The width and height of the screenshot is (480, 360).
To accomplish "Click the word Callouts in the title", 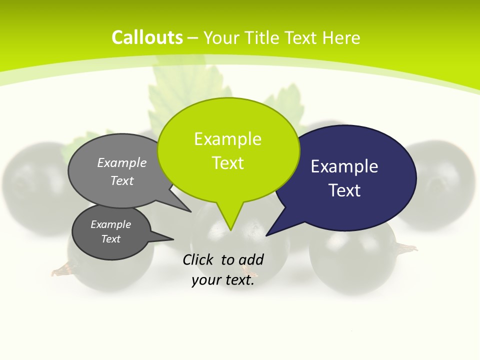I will [x=147, y=37].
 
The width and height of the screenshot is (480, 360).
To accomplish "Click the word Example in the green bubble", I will [x=227, y=139].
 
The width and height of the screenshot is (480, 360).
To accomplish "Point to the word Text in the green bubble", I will [x=227, y=163].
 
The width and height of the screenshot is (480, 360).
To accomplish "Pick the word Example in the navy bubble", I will [x=344, y=166].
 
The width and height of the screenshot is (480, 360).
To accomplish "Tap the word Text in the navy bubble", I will [x=344, y=190].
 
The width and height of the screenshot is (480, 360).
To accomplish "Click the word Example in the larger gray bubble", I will [x=122, y=162].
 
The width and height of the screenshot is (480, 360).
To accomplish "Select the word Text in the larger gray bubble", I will [x=122, y=180].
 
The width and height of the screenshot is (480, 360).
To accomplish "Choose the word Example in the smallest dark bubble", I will [x=110, y=224].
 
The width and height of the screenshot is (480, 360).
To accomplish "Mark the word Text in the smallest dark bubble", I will [x=110, y=239].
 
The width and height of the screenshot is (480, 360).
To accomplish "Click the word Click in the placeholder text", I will [x=199, y=259].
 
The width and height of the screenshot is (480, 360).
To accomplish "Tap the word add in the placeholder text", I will [x=251, y=259].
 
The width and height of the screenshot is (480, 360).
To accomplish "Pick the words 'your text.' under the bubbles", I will [x=223, y=280].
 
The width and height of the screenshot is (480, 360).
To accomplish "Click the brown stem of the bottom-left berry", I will [x=60, y=271].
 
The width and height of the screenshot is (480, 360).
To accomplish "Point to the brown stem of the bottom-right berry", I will [x=407, y=247].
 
